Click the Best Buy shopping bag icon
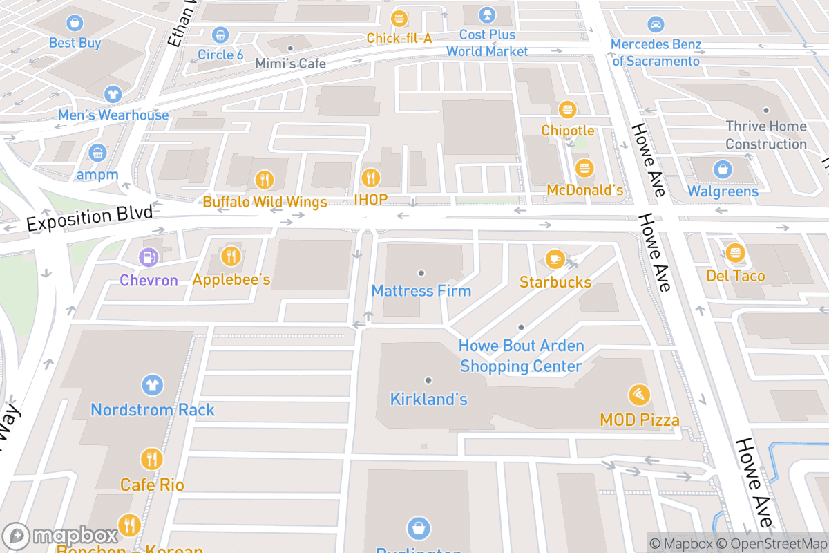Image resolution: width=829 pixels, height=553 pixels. click(75, 24)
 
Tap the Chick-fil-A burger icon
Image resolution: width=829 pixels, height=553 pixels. click(399, 19)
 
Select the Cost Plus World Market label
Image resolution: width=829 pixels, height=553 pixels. click(487, 43)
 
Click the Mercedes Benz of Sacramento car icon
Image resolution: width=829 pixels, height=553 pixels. click(656, 25)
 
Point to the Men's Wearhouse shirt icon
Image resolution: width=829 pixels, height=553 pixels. click(113, 95)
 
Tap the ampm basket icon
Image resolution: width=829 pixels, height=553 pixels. click(97, 153)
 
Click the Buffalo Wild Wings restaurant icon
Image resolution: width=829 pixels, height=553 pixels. click(264, 180)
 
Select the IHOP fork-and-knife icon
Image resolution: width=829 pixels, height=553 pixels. click(371, 178)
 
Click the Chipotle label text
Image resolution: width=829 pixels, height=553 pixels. click(567, 131)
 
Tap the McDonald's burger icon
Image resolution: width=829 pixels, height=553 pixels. click(585, 169)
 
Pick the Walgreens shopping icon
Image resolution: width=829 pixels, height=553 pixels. click(722, 169)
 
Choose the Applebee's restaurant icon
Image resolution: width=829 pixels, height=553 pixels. click(231, 257)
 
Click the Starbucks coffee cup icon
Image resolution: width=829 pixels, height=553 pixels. click(554, 260)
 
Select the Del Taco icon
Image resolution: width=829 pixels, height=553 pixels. click(734, 253)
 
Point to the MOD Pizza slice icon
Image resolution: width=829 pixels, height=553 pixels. click(639, 395)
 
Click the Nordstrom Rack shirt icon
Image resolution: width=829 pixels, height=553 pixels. click(152, 385)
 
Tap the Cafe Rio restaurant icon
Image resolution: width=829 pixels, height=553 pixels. click(151, 459)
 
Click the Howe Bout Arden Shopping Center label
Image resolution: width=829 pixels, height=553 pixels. click(522, 356)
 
